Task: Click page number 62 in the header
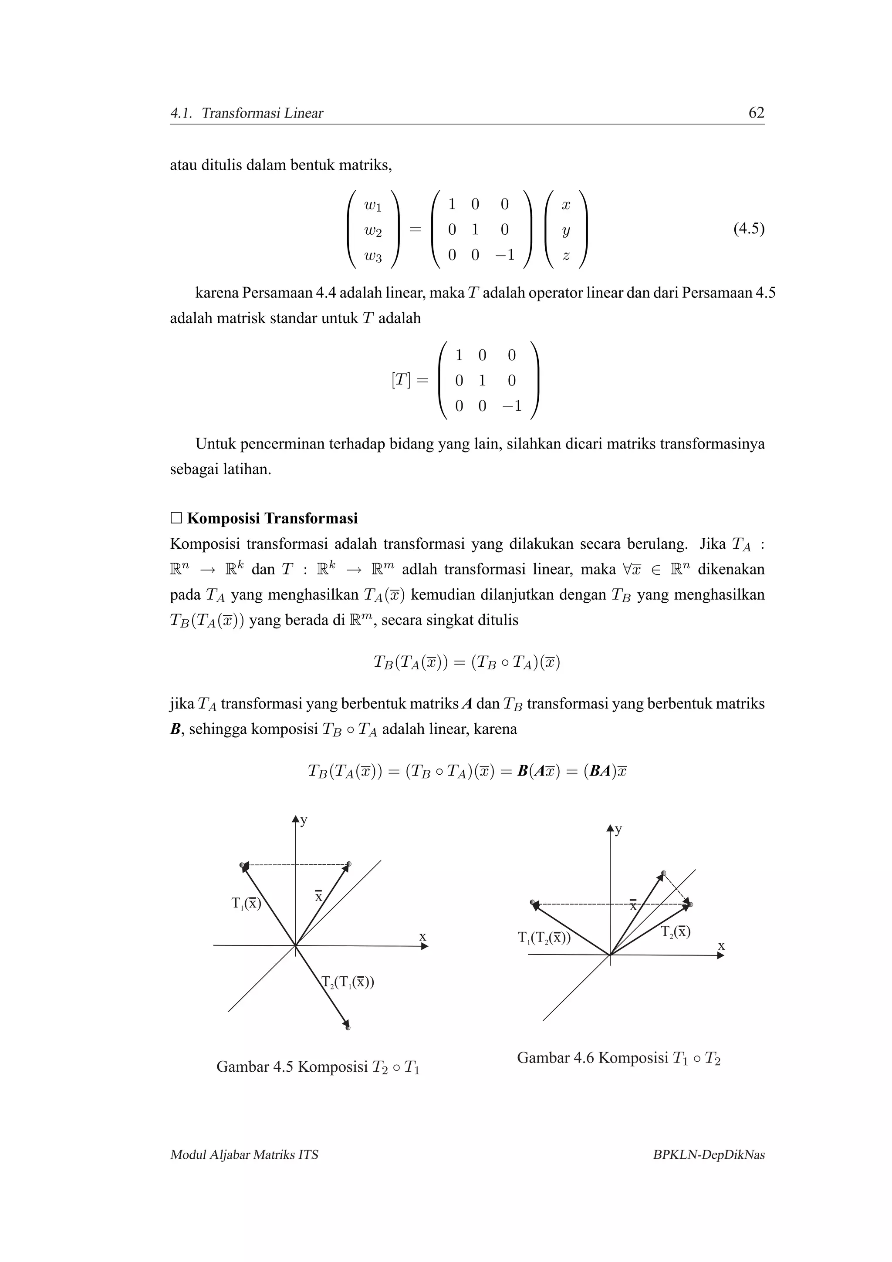point(756,113)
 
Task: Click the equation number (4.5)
point(749,229)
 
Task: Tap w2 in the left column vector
point(373,231)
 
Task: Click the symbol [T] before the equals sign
point(401,380)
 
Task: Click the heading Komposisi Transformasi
point(272,518)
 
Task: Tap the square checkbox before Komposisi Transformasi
point(176,518)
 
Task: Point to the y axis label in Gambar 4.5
point(304,820)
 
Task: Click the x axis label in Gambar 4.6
point(721,946)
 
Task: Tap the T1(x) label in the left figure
point(246,903)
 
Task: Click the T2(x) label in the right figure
point(676,931)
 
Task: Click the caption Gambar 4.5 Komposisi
point(318,1067)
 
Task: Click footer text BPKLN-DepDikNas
point(709,1155)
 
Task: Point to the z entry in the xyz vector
point(565,256)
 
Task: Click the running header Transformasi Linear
point(262,114)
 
